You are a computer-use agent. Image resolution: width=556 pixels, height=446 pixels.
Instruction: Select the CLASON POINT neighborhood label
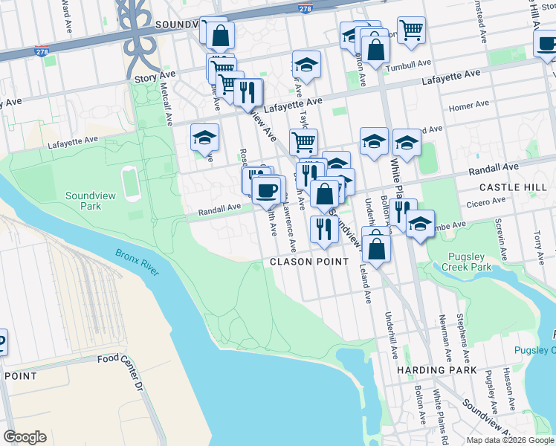tap(308, 262)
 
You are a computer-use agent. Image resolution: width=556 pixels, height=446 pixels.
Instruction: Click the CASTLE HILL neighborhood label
tap(513, 187)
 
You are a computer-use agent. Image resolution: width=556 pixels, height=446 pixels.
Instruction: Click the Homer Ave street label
tap(469, 106)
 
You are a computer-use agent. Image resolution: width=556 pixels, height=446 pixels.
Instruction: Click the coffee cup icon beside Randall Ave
tap(265, 190)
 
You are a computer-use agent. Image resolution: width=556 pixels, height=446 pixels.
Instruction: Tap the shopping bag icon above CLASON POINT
tap(377, 247)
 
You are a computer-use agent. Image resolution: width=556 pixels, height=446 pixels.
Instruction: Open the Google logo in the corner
tap(25, 437)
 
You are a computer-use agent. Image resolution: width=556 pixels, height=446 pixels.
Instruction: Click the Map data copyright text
tap(510, 440)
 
